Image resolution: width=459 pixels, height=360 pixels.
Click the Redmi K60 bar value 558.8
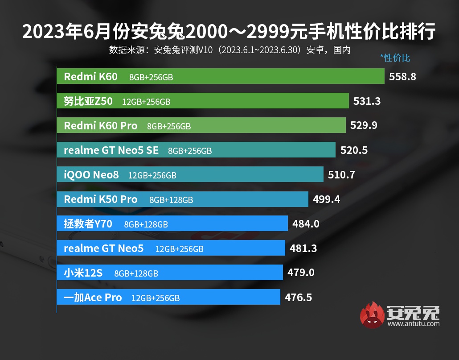click(x=402, y=77)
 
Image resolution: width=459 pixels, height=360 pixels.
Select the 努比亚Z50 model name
click(x=88, y=101)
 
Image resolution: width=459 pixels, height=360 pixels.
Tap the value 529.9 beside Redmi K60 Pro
click(x=364, y=126)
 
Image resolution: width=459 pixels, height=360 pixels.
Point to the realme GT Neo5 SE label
click(x=111, y=150)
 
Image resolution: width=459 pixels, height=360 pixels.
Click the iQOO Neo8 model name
click(x=91, y=175)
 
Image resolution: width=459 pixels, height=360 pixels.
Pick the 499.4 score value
click(x=326, y=199)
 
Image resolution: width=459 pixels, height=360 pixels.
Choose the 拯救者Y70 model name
click(x=88, y=223)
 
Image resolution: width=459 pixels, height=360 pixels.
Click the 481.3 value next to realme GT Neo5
click(x=303, y=248)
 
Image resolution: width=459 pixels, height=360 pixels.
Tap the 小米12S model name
click(x=83, y=273)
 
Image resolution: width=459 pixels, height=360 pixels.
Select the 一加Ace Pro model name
click(x=93, y=297)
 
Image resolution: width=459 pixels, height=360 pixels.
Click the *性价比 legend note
click(x=395, y=58)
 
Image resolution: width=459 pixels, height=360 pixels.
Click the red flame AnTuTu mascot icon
click(x=373, y=315)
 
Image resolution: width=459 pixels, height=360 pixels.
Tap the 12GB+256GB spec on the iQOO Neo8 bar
click(x=152, y=175)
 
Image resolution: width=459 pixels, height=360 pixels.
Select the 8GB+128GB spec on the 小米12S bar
click(x=136, y=273)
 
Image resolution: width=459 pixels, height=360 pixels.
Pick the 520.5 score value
click(x=354, y=150)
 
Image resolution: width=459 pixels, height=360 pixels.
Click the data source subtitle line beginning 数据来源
click(x=229, y=50)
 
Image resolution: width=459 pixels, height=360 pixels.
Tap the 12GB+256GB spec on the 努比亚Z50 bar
click(x=146, y=102)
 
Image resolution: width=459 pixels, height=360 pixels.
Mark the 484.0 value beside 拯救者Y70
click(x=306, y=223)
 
